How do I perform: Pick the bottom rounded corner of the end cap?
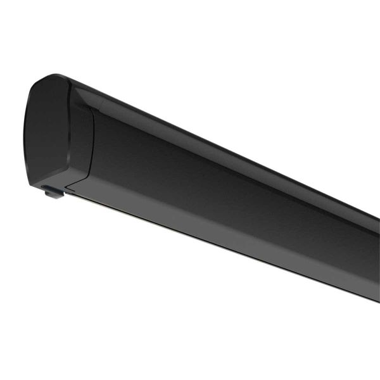38,177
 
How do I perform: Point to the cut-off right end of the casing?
374,253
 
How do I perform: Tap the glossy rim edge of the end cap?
66,127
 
